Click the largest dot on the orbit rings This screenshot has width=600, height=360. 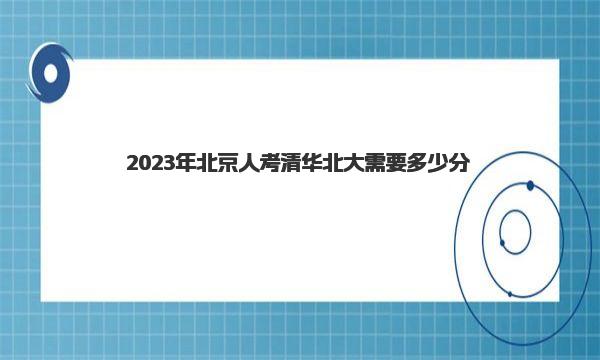tap(530, 186)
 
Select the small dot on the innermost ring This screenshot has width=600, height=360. tap(502, 243)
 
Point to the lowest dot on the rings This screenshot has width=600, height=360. tap(510, 294)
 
